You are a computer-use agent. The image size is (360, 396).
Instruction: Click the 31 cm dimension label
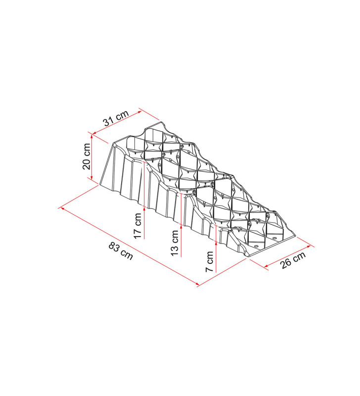pos(116,118)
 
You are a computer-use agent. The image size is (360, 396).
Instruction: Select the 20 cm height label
pos(87,156)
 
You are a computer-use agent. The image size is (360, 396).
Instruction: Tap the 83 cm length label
pos(121,251)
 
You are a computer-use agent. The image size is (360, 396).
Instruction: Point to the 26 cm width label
pos(293,260)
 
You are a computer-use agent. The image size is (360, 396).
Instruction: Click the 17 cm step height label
pos(138,226)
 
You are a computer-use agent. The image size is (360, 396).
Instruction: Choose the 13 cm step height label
pos(175,243)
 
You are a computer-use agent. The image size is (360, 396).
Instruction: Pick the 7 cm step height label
pos(210,261)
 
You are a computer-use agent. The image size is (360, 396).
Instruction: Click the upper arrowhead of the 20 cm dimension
pos(92,136)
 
